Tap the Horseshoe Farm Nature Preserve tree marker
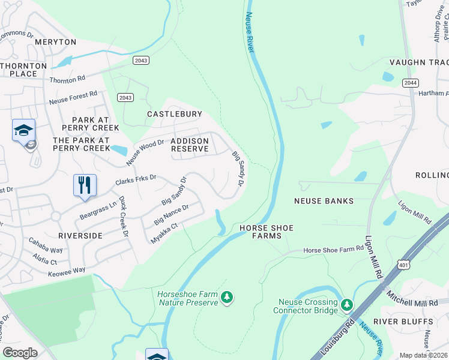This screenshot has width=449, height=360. [226, 297]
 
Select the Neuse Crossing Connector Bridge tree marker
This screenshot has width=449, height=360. [346, 305]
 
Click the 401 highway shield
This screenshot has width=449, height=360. [402, 264]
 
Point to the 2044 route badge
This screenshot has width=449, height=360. [411, 83]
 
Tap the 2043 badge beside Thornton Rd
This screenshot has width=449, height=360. [140, 60]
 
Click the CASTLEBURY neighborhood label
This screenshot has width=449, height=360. [175, 113]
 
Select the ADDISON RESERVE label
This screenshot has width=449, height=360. [190, 145]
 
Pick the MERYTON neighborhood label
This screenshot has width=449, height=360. [56, 42]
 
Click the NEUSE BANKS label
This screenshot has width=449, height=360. [324, 201]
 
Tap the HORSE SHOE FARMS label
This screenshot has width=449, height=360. [261, 232]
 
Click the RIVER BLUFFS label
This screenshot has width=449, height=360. [403, 322]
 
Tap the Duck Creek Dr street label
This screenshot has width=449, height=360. [124, 216]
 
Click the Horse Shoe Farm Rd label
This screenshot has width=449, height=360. [334, 250]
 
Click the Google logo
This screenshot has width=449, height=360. [20, 353]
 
